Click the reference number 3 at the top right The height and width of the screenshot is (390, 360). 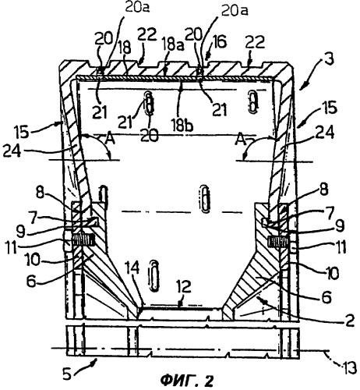tap(329, 58)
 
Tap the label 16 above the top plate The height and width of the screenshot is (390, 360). tap(219, 41)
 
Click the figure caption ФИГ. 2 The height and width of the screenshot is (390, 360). tap(186, 381)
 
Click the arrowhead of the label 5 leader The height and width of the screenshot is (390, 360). tap(95, 360)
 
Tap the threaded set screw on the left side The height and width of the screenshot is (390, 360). tap(83, 240)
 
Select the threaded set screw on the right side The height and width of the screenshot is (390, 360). tap(277, 241)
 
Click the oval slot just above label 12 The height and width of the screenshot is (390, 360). tap(154, 275)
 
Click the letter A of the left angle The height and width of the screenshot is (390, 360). tap(110, 140)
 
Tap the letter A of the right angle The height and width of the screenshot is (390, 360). tap(240, 140)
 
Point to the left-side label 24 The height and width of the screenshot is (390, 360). tap(12, 151)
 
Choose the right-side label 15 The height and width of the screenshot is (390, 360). tap(330, 107)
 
